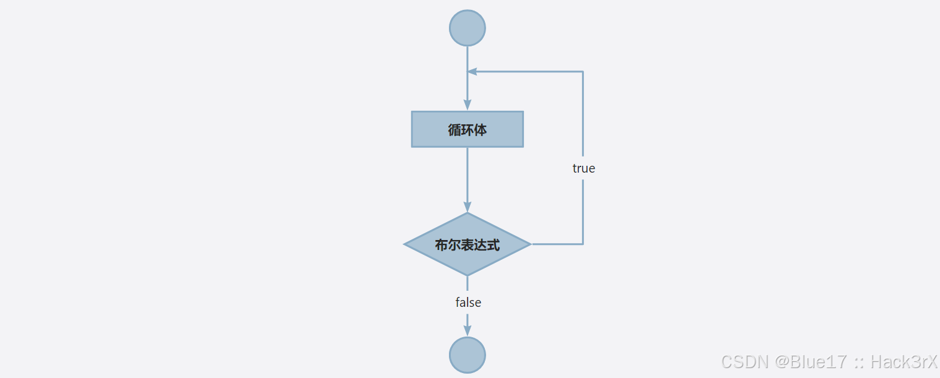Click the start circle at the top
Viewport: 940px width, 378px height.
(x=467, y=28)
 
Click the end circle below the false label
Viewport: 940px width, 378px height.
(x=467, y=355)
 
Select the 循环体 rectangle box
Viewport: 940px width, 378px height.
(x=467, y=129)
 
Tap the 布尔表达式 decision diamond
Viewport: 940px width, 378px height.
(x=467, y=244)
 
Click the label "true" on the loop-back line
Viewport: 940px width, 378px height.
(x=583, y=168)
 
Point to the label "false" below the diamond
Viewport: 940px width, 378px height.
(x=468, y=303)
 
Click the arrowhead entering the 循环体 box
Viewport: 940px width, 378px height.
(x=467, y=106)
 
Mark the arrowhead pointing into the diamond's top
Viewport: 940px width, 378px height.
(x=467, y=207)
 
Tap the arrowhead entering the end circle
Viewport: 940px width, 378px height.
(x=467, y=332)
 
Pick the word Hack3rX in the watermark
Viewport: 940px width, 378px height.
(x=903, y=362)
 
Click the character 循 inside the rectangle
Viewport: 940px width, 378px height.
(x=455, y=130)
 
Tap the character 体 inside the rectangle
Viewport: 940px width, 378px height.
(x=480, y=130)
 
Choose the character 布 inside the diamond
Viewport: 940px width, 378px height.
(x=442, y=245)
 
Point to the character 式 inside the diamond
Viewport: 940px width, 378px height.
(x=493, y=245)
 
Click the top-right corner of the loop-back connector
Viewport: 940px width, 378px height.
(x=583, y=72)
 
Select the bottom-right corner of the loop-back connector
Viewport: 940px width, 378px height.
(x=583, y=244)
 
